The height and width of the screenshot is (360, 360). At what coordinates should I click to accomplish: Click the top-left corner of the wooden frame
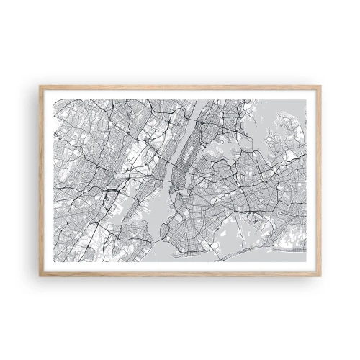coord(40,86)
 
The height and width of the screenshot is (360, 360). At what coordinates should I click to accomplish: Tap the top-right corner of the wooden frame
coord(320,86)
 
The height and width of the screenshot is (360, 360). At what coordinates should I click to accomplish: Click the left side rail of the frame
coord(42,180)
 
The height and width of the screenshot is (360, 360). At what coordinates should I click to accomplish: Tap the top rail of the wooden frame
coord(180,88)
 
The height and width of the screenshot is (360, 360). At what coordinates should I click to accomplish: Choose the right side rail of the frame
coord(318,180)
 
